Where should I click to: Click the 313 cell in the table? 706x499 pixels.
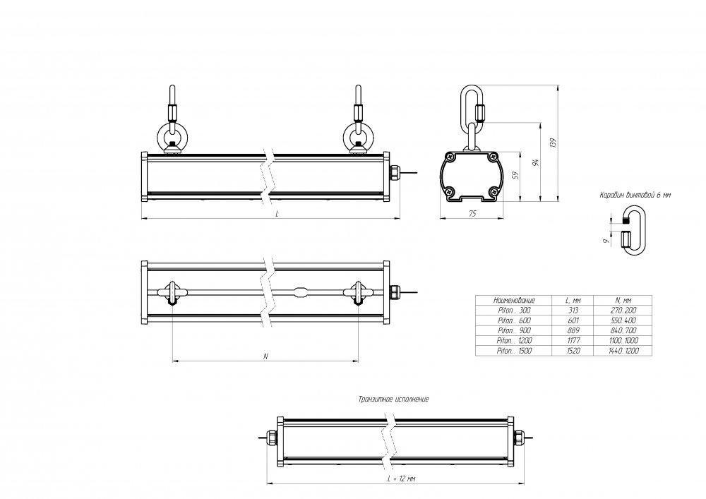click(573, 310)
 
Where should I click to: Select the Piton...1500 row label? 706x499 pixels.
click(515, 350)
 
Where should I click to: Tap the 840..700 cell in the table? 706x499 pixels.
click(623, 330)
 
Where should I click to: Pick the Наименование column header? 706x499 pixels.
click(515, 300)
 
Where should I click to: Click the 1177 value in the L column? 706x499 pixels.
click(573, 339)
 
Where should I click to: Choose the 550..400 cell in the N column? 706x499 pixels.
click(623, 320)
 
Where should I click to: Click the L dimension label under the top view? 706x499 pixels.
click(277, 214)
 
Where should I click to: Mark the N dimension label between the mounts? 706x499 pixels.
click(265, 356)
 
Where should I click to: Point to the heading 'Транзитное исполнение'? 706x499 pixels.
click(393, 399)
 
